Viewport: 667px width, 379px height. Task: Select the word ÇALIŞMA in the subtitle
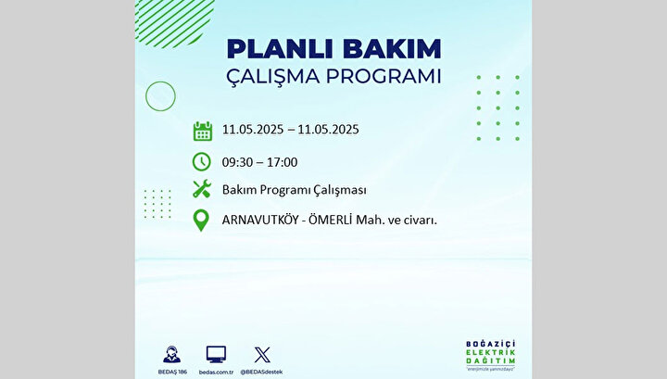pos(272,77)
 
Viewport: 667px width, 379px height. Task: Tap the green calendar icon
pos(203,131)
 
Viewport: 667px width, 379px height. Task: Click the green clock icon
pos(202,161)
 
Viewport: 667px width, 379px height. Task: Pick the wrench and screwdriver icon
pos(202,189)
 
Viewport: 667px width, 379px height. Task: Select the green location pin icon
pos(201,221)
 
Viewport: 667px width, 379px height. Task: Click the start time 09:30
pos(238,162)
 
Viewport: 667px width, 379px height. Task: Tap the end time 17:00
pos(282,162)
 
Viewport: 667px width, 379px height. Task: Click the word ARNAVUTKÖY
pos(260,220)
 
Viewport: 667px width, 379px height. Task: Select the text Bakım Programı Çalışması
pos(294,190)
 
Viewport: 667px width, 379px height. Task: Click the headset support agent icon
pos(171,354)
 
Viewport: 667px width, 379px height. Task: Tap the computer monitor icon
pos(216,354)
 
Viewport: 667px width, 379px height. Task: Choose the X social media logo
pos(262,355)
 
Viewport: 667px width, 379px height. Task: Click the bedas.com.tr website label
pos(216,373)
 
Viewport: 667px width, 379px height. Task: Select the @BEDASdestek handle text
pos(261,373)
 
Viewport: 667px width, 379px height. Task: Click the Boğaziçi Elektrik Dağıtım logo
pos(490,355)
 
